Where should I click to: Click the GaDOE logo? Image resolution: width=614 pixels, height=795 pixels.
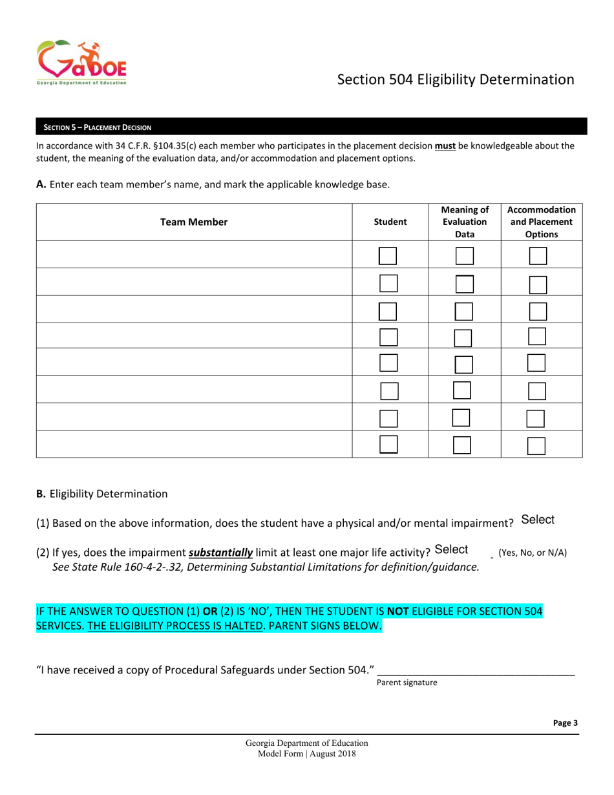click(x=81, y=63)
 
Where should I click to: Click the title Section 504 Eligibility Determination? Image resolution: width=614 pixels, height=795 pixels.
click(x=456, y=79)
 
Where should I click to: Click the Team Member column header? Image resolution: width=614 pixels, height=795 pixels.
click(x=194, y=222)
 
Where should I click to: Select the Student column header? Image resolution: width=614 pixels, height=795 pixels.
click(x=390, y=222)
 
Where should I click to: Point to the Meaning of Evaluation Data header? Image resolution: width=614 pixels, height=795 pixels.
click(x=465, y=222)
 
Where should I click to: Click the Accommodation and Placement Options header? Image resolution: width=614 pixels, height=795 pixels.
click(x=542, y=222)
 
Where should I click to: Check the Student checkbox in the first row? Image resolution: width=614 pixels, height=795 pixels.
click(x=387, y=256)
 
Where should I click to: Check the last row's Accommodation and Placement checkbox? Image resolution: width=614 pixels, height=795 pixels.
click(x=536, y=446)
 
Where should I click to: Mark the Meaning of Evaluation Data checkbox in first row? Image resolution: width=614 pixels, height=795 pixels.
click(x=465, y=256)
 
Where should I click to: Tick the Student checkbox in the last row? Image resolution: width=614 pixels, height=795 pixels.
click(x=388, y=444)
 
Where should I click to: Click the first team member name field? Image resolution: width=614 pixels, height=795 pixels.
click(x=194, y=255)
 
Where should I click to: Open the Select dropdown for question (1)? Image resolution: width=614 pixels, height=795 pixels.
click(x=538, y=520)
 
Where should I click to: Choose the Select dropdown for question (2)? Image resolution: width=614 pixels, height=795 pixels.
click(x=452, y=549)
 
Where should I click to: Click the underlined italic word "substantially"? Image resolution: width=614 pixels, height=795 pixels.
click(x=220, y=553)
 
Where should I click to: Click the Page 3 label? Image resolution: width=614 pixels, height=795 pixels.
click(x=566, y=723)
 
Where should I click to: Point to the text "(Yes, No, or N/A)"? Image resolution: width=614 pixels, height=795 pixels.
click(x=533, y=553)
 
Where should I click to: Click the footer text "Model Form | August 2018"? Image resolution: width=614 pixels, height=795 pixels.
click(x=306, y=754)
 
